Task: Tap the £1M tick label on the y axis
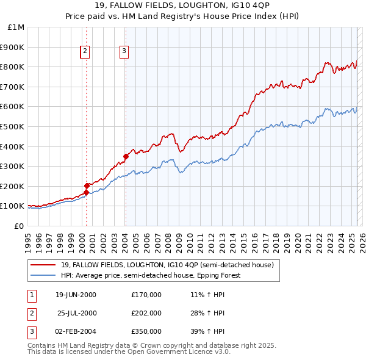coord(16,27)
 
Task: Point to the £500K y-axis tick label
coord(13,127)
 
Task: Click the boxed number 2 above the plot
coord(85,51)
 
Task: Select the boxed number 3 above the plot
coord(124,51)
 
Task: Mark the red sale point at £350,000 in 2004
coord(126,156)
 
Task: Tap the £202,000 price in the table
coord(146,313)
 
